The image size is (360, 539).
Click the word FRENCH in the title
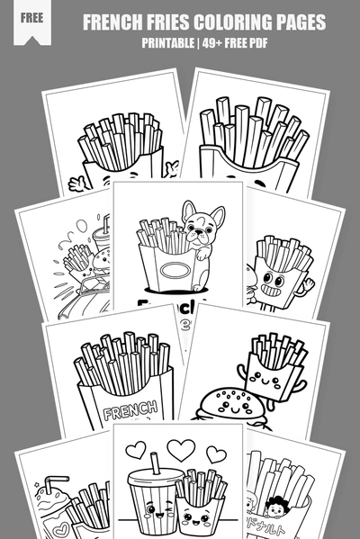[x=114, y=22]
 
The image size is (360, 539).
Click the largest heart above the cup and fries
[x=183, y=452]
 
